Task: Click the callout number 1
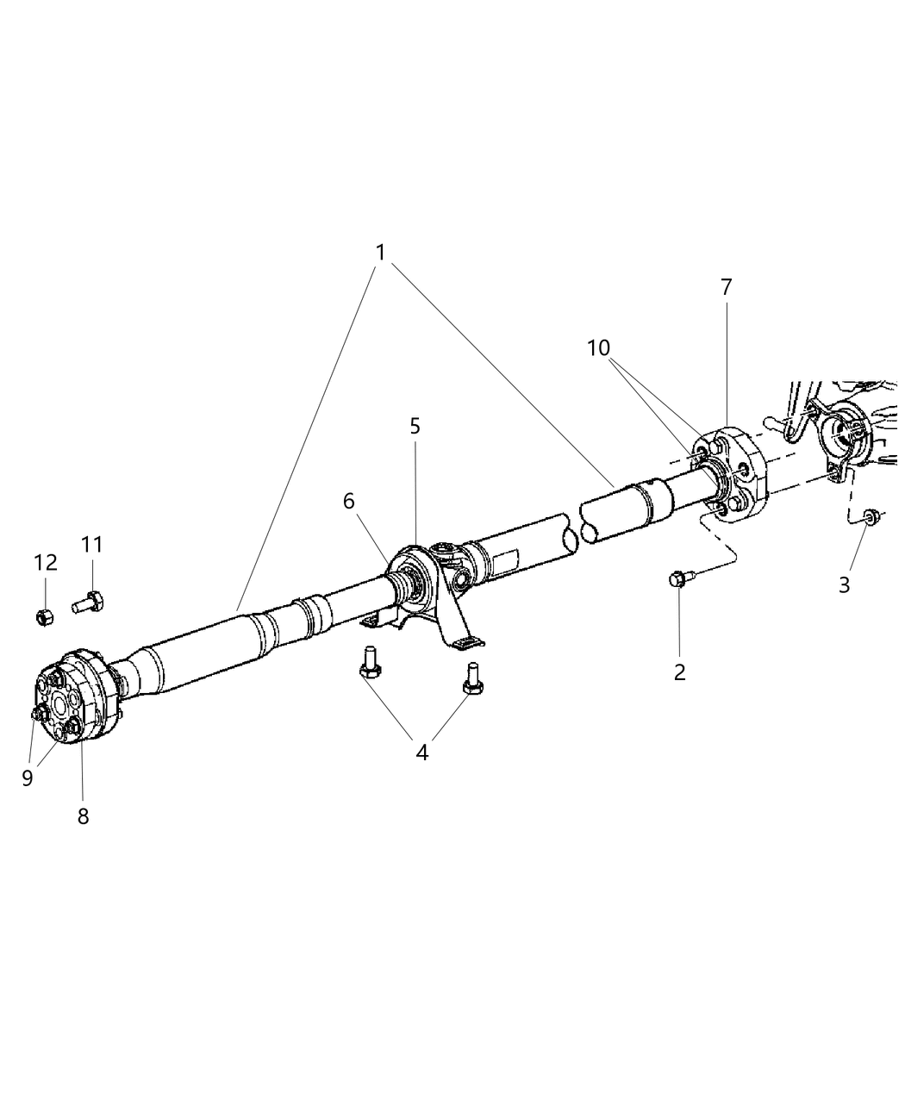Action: pos(380,253)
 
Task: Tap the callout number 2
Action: pos(680,672)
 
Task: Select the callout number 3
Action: pos(844,584)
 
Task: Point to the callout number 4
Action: pos(421,752)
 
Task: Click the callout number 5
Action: pos(415,426)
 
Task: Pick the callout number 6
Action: pos(349,501)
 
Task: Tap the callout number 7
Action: pos(726,288)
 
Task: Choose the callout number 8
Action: pos(83,815)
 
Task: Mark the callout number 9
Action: pos(28,777)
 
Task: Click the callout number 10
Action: pos(598,347)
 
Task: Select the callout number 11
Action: pos(92,545)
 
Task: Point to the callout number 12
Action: pos(46,563)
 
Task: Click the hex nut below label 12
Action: pos(45,616)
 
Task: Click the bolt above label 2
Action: pos(677,580)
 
